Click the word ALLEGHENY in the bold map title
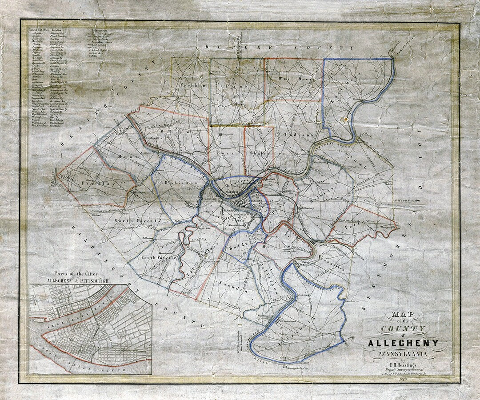point(403,343)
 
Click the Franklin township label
point(193,84)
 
